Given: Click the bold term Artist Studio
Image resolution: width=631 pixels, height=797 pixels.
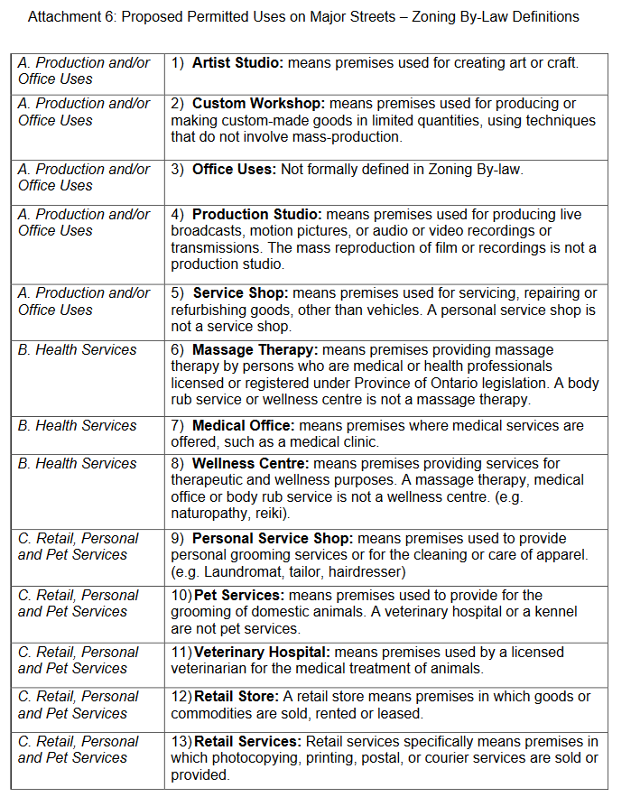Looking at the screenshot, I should [236, 63].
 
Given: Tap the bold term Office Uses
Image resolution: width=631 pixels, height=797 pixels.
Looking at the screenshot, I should [234, 169].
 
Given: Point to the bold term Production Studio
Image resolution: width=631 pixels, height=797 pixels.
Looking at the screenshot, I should [256, 215].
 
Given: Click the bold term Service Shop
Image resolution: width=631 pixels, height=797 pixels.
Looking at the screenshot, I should [238, 293].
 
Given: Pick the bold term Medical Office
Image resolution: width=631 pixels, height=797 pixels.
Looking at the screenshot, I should [243, 426].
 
